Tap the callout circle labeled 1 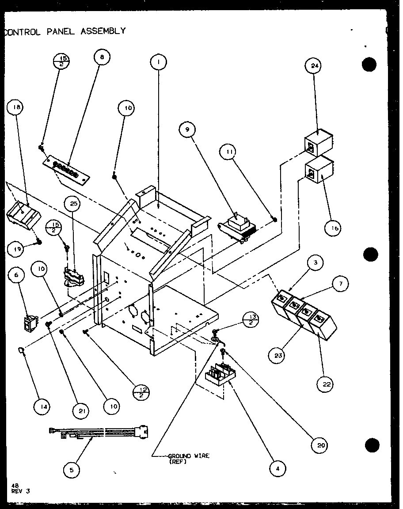point(158,62)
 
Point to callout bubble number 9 point(187,130)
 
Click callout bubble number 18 point(17,107)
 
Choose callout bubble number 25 point(73,204)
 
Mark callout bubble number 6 point(17,275)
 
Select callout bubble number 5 point(72,470)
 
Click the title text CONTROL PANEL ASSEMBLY point(65,31)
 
